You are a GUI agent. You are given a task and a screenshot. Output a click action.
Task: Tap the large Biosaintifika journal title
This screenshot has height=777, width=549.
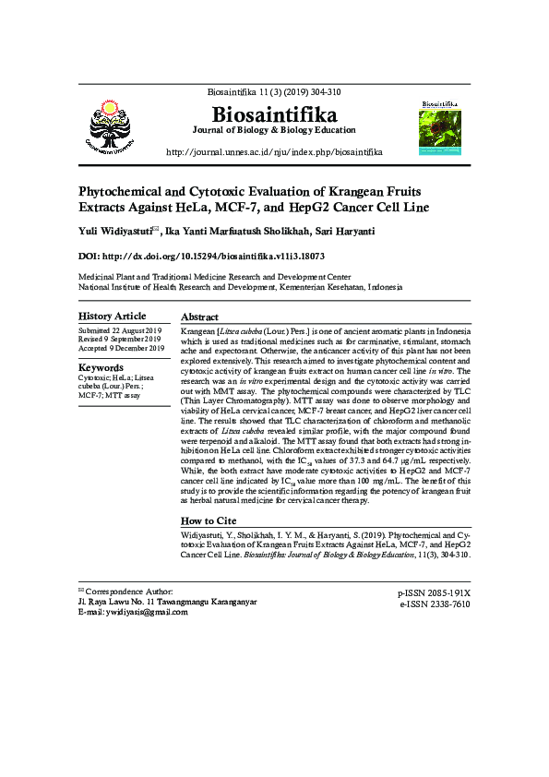(x=275, y=115)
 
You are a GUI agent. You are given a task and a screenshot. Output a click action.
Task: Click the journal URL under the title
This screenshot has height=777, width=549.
(x=274, y=151)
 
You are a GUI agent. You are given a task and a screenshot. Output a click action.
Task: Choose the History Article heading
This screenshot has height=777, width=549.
(x=113, y=317)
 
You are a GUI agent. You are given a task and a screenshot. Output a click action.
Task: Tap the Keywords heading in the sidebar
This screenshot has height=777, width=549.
(x=102, y=367)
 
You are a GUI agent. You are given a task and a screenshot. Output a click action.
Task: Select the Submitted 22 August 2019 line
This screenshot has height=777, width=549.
(x=120, y=330)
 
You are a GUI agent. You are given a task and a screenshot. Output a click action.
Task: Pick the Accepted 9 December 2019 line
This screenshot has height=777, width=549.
(x=121, y=348)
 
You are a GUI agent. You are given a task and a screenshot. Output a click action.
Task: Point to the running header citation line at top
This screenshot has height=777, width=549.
(x=274, y=93)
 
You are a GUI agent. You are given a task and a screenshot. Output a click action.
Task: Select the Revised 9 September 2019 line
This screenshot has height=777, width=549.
(x=120, y=339)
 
